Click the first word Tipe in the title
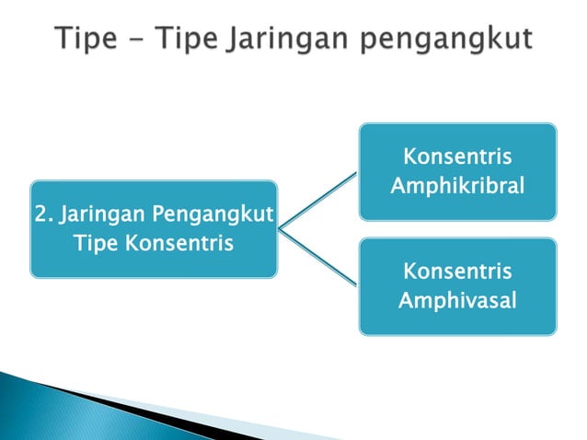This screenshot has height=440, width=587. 85,40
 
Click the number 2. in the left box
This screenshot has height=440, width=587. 42,216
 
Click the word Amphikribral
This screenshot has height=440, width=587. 457,187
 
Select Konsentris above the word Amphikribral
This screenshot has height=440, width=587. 457,156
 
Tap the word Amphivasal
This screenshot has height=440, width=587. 457,300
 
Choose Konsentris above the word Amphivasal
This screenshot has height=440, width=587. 457,272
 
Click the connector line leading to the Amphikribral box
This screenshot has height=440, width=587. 318,199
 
